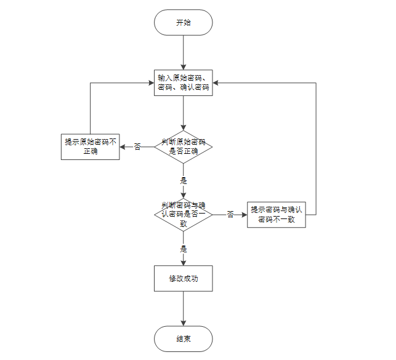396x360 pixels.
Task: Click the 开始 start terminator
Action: click(x=183, y=23)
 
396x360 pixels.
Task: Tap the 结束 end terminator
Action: click(x=183, y=338)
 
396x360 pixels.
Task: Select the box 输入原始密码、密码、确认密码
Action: click(x=183, y=82)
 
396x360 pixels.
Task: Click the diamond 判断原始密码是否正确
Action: click(x=183, y=146)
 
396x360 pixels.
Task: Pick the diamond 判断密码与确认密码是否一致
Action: click(x=183, y=214)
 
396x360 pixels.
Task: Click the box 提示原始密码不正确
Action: click(x=90, y=146)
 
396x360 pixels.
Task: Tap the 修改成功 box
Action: click(x=183, y=278)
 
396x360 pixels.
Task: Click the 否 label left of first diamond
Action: click(x=137, y=146)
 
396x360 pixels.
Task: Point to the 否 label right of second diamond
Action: click(x=230, y=214)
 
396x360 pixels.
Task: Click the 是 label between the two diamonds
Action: click(x=183, y=181)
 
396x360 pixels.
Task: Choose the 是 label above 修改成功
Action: click(x=183, y=249)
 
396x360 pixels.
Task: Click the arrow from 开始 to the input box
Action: click(x=183, y=52)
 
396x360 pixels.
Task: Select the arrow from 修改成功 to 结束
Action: click(x=183, y=308)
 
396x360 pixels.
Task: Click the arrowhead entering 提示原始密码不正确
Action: click(x=122, y=146)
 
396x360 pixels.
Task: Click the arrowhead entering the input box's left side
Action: click(x=150, y=82)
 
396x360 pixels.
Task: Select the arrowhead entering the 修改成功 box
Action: click(x=183, y=262)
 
